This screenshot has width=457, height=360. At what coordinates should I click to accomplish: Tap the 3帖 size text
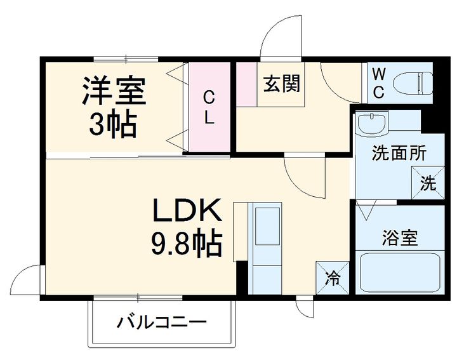point(113,124)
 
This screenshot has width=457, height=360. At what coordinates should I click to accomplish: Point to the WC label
point(378,83)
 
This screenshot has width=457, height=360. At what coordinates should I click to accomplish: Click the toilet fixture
point(413,83)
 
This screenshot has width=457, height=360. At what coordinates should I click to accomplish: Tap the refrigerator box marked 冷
point(332,277)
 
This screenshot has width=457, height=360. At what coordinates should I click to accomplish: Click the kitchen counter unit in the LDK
point(265,248)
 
